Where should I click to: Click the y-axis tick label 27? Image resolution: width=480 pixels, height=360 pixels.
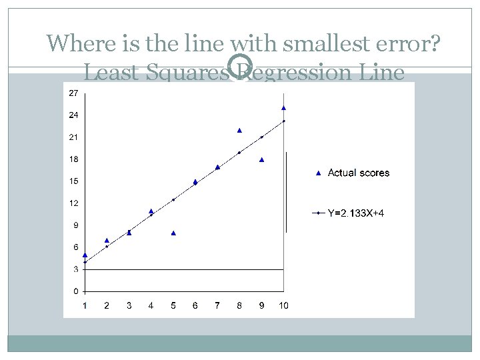(x=73, y=93)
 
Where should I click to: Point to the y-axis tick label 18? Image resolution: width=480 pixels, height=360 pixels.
(x=73, y=159)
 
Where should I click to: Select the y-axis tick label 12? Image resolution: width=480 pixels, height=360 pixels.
(x=73, y=203)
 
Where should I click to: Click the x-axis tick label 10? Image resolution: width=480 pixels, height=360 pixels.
(x=283, y=306)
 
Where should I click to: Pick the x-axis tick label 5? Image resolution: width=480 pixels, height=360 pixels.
(x=173, y=306)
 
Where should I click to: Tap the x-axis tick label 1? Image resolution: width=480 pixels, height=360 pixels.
(x=85, y=306)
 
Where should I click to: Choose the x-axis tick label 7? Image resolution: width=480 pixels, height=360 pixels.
(x=217, y=306)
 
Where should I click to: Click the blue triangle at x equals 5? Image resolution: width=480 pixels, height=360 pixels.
(x=173, y=233)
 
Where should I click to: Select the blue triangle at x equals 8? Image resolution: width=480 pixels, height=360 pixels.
(x=239, y=130)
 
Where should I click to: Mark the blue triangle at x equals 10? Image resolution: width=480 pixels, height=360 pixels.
(x=283, y=107)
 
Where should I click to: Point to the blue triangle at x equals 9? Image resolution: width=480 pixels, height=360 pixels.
(x=262, y=159)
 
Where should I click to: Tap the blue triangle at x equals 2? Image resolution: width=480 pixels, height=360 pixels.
(x=107, y=240)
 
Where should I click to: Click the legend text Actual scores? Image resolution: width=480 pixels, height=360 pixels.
(x=359, y=173)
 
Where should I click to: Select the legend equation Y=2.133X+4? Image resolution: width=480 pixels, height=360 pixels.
(x=355, y=213)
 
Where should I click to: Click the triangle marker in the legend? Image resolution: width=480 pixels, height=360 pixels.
(x=318, y=173)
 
